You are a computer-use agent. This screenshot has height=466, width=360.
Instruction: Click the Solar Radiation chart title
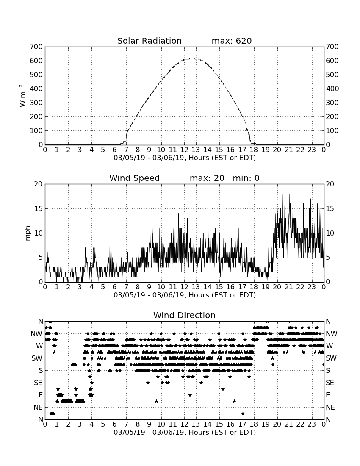coord(150,41)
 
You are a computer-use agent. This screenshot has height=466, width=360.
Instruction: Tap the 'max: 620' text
coord(232,41)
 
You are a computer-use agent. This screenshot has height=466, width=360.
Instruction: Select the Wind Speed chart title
coord(135,178)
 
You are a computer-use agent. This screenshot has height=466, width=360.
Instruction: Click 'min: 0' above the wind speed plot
coord(246,178)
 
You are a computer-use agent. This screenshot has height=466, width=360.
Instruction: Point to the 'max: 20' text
coord(207,178)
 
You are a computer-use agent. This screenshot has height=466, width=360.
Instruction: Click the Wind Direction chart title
coord(185,315)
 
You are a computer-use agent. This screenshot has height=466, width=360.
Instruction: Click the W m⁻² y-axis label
coord(22,96)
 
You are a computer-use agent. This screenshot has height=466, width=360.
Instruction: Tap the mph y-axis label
coord(28,233)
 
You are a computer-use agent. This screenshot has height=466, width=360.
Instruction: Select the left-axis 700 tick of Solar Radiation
coord(36,47)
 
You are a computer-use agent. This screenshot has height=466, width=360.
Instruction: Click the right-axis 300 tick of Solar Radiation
coord(332,103)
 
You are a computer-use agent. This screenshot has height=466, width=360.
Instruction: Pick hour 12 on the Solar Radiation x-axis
coord(185,150)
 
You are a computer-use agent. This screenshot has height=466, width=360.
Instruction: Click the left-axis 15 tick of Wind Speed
coord(39,208)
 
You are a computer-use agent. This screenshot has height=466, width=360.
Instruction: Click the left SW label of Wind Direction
coord(37,358)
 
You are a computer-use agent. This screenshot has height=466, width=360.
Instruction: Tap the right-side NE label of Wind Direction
coord(330,407)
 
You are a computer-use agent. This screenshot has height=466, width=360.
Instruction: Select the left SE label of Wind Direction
coord(38,383)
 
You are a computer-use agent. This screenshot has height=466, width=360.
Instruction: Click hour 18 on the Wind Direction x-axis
coord(254,424)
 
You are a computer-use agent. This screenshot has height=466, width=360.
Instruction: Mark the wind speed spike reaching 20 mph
coord(291,185)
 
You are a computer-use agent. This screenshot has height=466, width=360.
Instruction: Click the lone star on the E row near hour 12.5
coord(190,395)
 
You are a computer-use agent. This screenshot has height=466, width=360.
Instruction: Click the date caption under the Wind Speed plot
coord(185,295)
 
